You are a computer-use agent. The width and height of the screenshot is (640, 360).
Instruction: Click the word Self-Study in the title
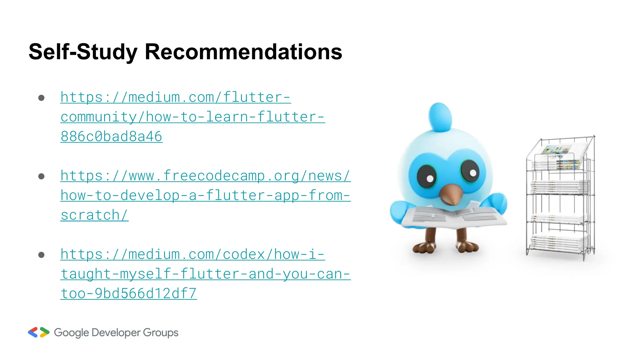pyautogui.click(x=83, y=52)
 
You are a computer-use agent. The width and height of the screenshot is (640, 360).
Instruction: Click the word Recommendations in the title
pyautogui.click(x=243, y=52)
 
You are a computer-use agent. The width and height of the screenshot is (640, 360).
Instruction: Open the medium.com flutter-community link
pyautogui.click(x=192, y=117)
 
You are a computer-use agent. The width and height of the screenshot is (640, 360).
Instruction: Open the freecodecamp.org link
pyautogui.click(x=205, y=195)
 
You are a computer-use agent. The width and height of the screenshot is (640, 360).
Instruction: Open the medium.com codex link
pyautogui.click(x=205, y=274)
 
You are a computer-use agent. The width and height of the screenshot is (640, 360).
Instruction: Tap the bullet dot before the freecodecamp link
pyautogui.click(x=41, y=177)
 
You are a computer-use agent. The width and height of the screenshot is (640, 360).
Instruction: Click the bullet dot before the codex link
pyautogui.click(x=41, y=255)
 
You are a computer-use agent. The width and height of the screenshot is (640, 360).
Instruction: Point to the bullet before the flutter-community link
pyautogui.click(x=41, y=98)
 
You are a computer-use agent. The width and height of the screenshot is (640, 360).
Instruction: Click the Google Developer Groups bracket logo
pyautogui.click(x=39, y=332)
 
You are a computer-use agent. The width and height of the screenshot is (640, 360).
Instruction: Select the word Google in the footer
pyautogui.click(x=71, y=333)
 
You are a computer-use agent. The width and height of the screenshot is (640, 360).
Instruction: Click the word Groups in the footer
pyautogui.click(x=161, y=333)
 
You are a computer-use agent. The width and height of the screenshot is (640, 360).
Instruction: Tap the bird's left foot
pyautogui.click(x=424, y=247)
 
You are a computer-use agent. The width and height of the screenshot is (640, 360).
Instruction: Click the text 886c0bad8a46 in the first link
pyautogui.click(x=111, y=137)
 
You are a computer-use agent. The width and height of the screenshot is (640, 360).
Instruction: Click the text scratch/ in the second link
pyautogui.click(x=94, y=215)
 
